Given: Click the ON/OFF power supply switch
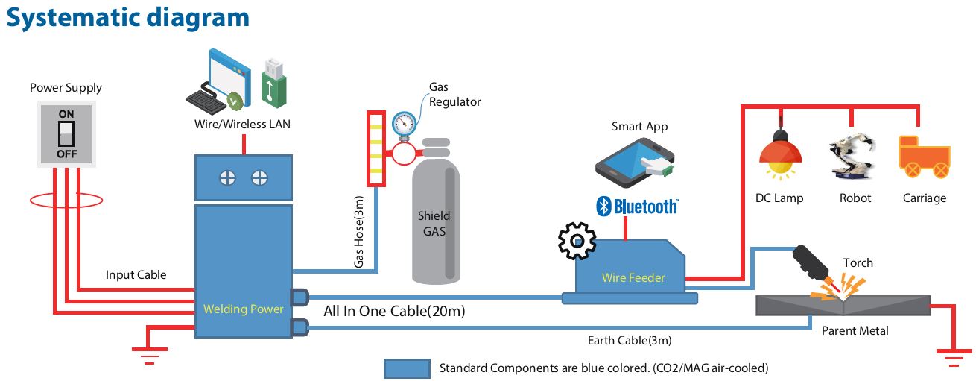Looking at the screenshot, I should [66, 134].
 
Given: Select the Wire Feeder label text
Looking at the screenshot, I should [633, 278].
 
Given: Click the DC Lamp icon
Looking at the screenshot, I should [780, 157].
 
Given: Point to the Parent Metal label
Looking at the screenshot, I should [855, 330].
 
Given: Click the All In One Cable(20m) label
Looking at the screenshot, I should [394, 311].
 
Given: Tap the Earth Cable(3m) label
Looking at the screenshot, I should [630, 341].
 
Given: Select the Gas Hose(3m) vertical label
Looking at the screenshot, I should [359, 232].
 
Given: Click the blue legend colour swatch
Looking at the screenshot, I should [407, 368].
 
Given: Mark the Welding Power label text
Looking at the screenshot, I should [244, 309].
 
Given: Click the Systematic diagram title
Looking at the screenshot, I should [128, 18].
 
